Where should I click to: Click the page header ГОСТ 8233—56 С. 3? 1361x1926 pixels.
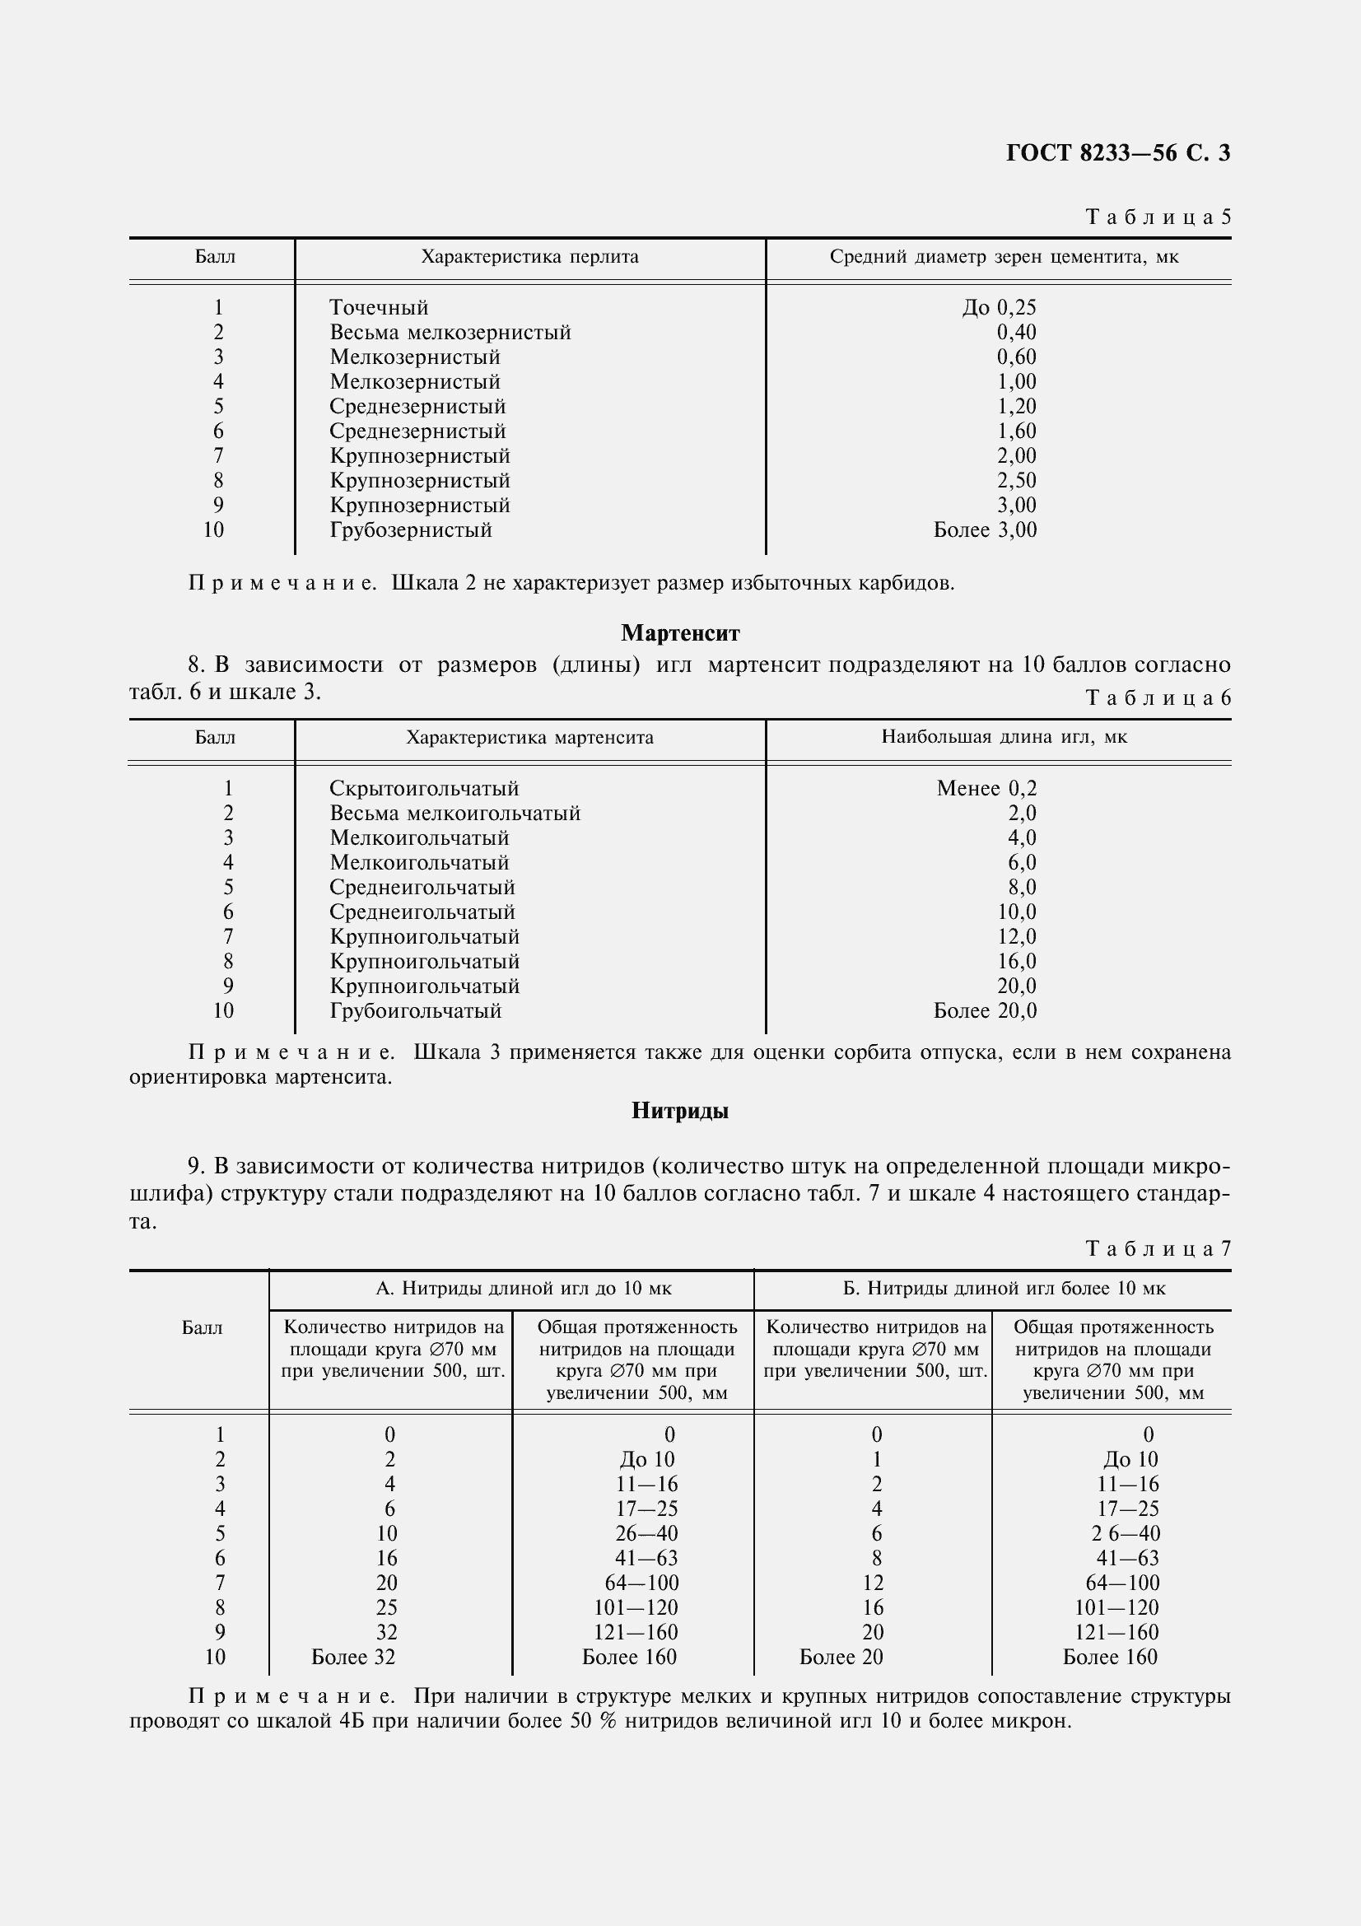pyautogui.click(x=1117, y=152)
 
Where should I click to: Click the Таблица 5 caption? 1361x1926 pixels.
pyautogui.click(x=1158, y=217)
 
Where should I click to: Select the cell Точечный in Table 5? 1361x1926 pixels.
pyautogui.click(x=378, y=308)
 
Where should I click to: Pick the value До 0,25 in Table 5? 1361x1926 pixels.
pyautogui.click(x=999, y=308)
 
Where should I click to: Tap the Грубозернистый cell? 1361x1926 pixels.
pyautogui.click(x=410, y=530)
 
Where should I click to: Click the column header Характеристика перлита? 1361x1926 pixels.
pyautogui.click(x=529, y=257)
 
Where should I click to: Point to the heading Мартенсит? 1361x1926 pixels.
pyautogui.click(x=680, y=632)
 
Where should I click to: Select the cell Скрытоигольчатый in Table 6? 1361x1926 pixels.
pyautogui.click(x=423, y=789)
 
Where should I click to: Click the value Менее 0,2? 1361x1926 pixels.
pyautogui.click(x=986, y=789)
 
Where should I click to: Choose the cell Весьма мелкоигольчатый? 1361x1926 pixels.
pyautogui.click(x=454, y=813)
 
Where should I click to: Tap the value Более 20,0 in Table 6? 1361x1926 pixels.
pyautogui.click(x=985, y=1011)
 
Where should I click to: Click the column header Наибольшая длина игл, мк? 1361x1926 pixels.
pyautogui.click(x=1004, y=737)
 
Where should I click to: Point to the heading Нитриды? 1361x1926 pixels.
pyautogui.click(x=680, y=1112)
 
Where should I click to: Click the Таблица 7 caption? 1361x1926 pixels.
pyautogui.click(x=1158, y=1249)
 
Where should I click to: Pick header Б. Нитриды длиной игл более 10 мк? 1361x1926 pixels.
pyautogui.click(x=1004, y=1289)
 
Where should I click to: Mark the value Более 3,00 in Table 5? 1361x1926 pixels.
pyautogui.click(x=985, y=530)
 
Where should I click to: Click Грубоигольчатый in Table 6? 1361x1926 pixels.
pyautogui.click(x=415, y=1011)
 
